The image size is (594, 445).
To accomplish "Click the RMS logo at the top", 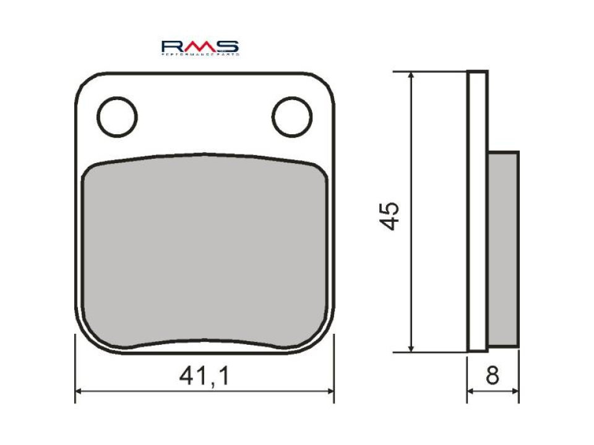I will (200, 48).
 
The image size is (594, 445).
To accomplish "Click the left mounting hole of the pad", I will (117, 116).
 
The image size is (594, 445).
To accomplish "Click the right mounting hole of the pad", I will (292, 116).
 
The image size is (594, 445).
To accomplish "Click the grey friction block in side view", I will (504, 248).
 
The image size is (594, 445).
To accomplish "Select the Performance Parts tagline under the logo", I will (200, 55).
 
